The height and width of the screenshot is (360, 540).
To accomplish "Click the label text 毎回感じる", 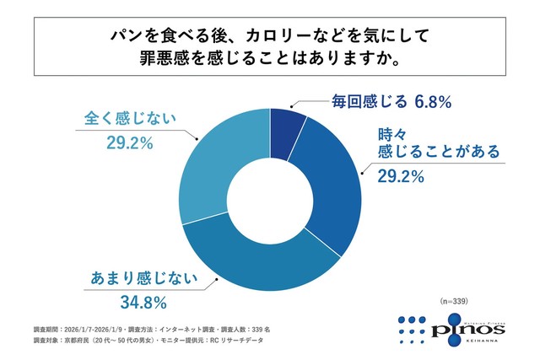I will (x=368, y=102).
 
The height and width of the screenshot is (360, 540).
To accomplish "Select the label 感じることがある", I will (x=429, y=152).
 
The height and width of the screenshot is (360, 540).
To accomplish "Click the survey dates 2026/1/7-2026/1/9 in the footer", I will (x=92, y=327).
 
